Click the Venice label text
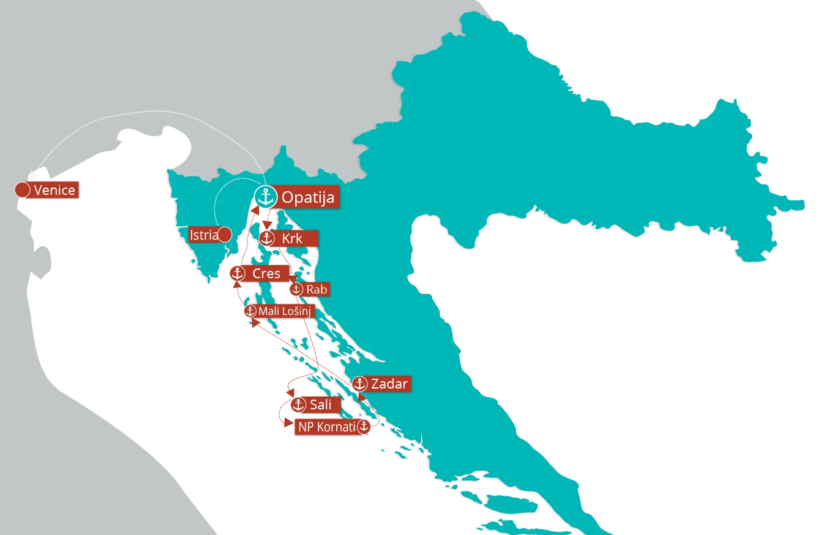[54, 190]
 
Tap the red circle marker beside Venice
[22, 190]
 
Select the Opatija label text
[307, 198]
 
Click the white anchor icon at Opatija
[266, 197]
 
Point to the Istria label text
[203, 235]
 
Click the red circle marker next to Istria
[225, 234]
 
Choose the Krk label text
[292, 238]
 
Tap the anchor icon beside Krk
[266, 238]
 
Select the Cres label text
[266, 274]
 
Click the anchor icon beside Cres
[238, 274]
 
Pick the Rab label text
[317, 289]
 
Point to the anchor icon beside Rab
[296, 289]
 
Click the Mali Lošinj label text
[285, 311]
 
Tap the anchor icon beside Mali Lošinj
[250, 311]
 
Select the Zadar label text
[389, 384]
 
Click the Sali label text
[321, 404]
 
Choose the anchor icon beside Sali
[298, 404]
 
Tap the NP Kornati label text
[326, 427]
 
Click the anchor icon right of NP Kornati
[364, 427]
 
